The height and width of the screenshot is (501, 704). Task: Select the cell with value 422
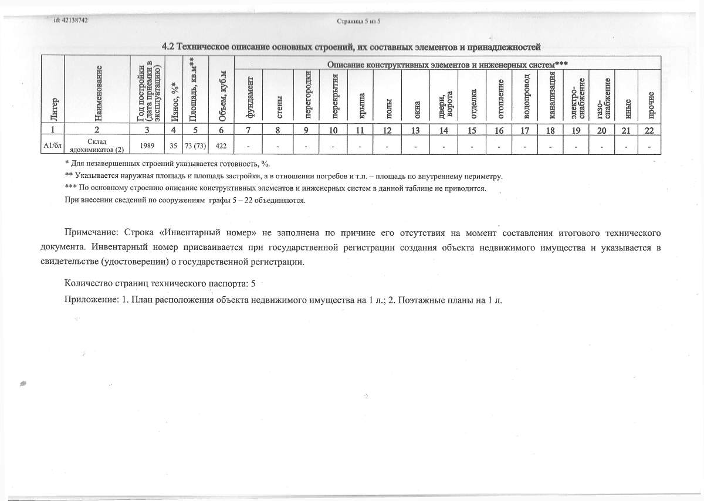222,145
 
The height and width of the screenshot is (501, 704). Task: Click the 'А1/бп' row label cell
53,145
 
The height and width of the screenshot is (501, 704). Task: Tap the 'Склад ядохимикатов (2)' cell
97,145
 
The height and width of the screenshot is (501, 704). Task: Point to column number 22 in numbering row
649,130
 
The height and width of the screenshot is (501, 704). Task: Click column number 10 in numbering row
333,130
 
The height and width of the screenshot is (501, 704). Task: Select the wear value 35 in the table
174,145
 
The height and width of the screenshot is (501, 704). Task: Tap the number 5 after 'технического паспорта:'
253,283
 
